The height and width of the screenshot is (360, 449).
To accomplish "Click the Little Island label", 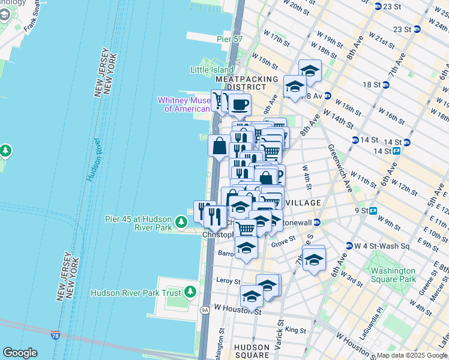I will point(212,70).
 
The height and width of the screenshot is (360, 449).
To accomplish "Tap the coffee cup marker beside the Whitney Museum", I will point(240,104).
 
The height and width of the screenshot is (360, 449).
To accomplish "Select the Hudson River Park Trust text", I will point(136,293).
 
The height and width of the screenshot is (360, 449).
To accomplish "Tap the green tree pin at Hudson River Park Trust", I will point(190,292).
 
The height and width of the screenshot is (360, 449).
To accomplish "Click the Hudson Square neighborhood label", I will point(252,351).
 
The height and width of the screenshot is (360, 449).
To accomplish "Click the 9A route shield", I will point(204,310).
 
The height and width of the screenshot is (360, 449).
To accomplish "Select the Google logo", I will point(20,353).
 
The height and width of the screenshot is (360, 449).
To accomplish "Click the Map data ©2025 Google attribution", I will point(412,355).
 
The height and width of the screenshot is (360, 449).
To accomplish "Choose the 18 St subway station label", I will point(372,85).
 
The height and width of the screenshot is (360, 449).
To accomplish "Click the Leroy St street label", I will point(228,281).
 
